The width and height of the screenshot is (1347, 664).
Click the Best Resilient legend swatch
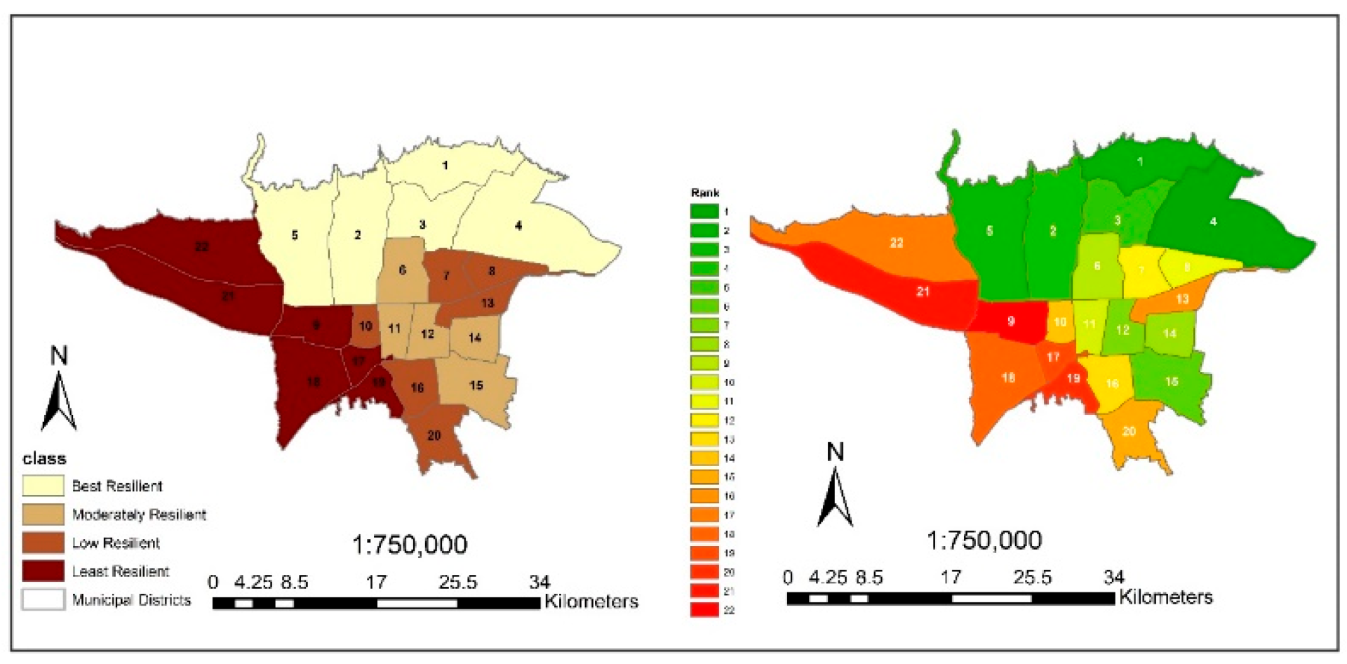tap(43, 486)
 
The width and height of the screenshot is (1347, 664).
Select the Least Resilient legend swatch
tap(43, 571)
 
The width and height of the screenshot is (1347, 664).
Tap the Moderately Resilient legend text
tap(139, 514)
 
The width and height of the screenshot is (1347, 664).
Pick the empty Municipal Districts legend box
tap(43, 599)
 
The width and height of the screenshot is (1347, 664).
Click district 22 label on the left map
tap(202, 246)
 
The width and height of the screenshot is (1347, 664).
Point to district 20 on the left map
tap(434, 435)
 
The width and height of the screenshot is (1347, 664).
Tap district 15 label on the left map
tap(476, 385)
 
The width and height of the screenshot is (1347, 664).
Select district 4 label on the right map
tap(1213, 221)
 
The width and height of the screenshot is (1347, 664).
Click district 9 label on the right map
tap(1011, 321)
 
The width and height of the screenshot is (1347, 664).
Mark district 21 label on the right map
tap(923, 291)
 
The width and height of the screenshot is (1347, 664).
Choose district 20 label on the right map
tap(1129, 431)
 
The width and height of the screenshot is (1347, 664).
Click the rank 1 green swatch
tap(704, 211)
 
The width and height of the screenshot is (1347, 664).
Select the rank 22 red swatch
tap(704, 609)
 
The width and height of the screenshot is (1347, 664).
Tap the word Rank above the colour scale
tap(704, 192)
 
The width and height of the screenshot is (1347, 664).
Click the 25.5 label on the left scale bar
tap(457, 582)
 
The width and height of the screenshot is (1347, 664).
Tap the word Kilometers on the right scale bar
tap(1165, 597)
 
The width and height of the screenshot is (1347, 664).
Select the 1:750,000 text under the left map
tap(409, 545)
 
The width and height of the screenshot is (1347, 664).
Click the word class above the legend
tap(44, 458)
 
